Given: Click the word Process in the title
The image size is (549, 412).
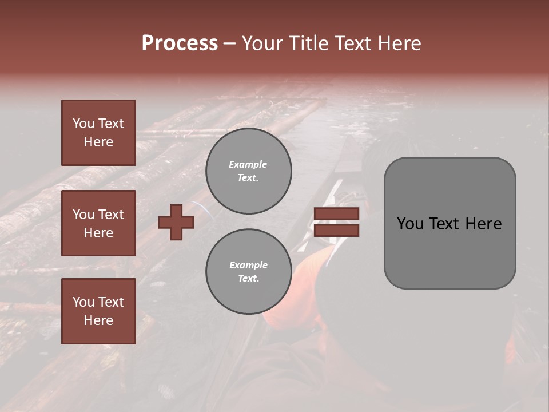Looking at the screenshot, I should coord(180,43).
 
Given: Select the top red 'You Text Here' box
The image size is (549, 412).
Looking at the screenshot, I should coord(98,133).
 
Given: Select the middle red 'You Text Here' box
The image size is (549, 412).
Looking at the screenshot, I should coord(98,223).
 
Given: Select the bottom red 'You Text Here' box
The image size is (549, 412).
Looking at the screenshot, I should coord(98,311).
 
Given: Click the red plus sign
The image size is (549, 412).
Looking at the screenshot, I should coord(176,222).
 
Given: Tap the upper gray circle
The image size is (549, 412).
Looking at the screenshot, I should coord(248,171).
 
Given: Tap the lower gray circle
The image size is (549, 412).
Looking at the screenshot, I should coord(248,272).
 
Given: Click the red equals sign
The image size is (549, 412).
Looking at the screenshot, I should coord(336,222).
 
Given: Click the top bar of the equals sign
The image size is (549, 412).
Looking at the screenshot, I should coord(336,214).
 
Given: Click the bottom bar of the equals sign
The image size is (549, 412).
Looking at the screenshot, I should coord(336,231).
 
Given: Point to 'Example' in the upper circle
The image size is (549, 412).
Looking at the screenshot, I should coord(248,164).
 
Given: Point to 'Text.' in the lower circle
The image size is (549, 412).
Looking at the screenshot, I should coord(248,279).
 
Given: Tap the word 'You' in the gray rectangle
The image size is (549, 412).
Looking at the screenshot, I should coord(409,224).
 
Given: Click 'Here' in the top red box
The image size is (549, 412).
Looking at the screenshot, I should coord(98,142).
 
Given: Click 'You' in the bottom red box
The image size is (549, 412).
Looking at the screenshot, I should coord(83,302).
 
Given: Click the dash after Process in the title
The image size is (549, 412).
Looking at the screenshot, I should coord(229,43).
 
